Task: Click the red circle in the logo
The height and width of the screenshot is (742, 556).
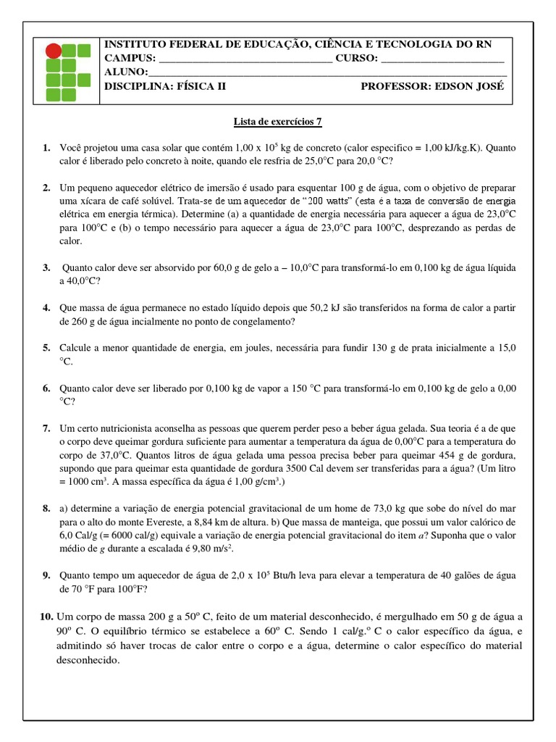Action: point(54,51)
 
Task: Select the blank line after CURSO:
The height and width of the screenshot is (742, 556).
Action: point(442,59)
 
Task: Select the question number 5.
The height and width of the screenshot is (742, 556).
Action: point(46,348)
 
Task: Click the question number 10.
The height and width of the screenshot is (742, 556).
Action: point(45,617)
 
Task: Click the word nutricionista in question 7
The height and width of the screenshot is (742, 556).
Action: point(125,428)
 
